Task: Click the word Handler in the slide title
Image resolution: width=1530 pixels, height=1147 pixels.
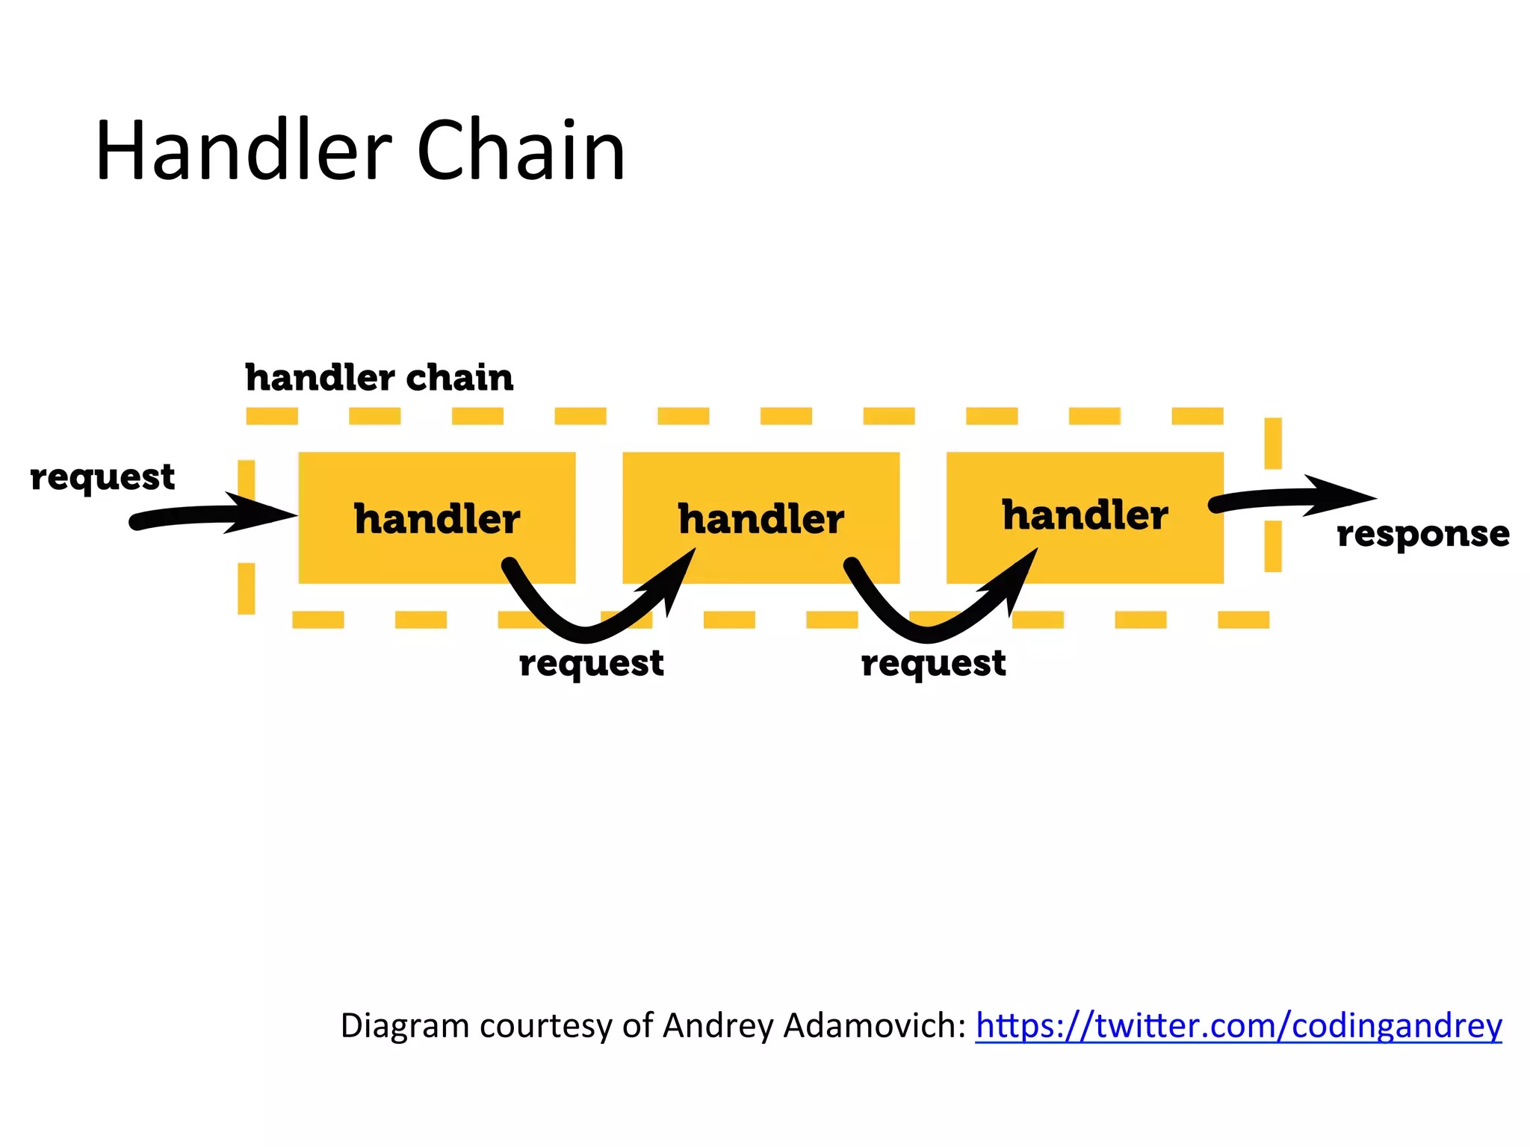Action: (244, 152)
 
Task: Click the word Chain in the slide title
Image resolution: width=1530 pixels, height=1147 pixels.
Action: (521, 152)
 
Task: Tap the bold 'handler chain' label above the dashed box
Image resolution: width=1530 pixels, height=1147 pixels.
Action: (380, 378)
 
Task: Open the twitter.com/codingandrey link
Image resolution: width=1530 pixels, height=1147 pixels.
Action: (1238, 1026)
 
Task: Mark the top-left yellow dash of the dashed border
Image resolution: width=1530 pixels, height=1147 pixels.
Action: (272, 416)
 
